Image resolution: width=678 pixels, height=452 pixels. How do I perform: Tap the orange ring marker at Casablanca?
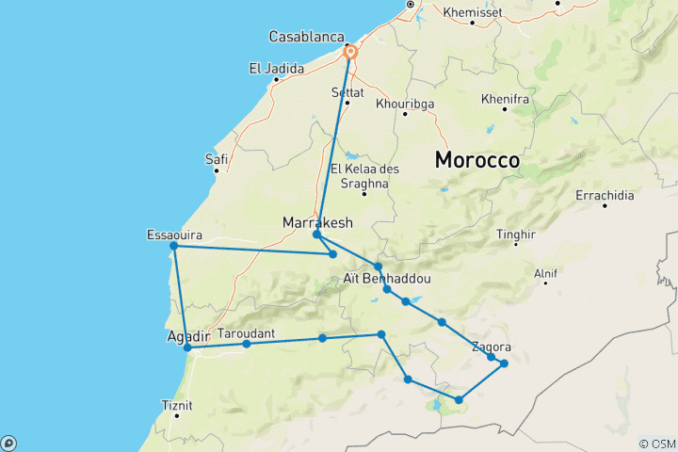point(350,53)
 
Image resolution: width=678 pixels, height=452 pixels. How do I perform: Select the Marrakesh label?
point(317,223)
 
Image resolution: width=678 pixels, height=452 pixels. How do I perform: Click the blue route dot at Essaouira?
point(173,247)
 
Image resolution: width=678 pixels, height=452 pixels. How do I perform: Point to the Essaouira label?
point(175,234)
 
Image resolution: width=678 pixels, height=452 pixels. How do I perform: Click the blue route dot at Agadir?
point(188,347)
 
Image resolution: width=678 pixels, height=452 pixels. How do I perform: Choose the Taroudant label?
point(246,333)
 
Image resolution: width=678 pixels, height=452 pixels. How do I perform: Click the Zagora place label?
point(492,346)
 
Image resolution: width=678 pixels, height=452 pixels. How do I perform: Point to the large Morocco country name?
point(477,161)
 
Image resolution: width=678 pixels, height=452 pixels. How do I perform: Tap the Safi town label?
point(218,160)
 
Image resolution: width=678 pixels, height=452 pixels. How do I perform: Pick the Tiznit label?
point(177,405)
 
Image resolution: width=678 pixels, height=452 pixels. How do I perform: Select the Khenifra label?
point(507,98)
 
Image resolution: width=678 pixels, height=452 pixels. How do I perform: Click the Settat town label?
point(347,92)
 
